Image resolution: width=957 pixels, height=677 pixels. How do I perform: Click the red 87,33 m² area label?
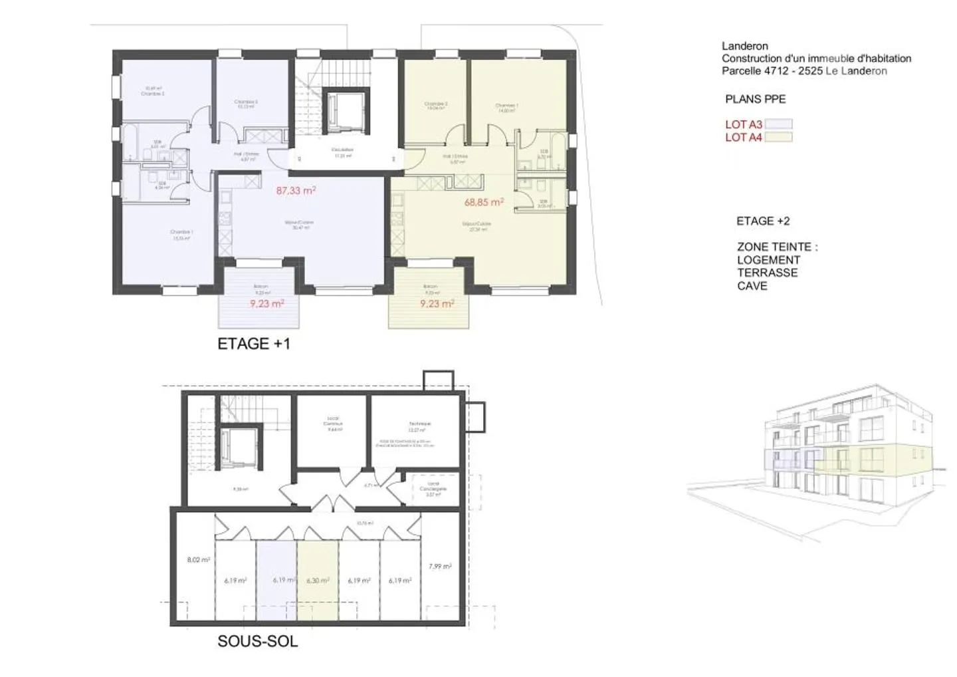click(296, 191)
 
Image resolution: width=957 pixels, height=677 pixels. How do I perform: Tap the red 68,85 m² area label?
click(483, 202)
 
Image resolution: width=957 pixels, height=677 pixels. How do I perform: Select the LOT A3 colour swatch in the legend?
click(778, 124)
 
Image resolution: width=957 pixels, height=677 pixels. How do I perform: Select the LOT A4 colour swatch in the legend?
click(778, 138)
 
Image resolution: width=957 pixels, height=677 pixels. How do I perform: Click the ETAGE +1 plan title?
click(254, 344)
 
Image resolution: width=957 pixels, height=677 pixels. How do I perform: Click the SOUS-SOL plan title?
click(257, 642)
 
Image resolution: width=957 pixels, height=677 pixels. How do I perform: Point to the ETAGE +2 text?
click(763, 221)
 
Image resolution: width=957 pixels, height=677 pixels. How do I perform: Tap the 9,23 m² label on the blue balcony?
click(267, 303)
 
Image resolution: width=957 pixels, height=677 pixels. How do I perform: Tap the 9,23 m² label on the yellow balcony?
click(437, 303)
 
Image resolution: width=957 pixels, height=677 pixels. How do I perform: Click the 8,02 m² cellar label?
click(198, 560)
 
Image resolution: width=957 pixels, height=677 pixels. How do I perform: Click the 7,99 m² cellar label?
click(440, 567)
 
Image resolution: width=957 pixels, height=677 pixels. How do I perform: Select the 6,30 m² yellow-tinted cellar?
click(318, 580)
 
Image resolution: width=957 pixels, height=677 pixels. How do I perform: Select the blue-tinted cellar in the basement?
click(276, 580)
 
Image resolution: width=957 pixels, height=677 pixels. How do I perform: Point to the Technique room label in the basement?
click(420, 424)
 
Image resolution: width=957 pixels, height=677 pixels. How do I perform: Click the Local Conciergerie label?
click(433, 489)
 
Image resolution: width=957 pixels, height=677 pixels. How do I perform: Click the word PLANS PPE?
click(755, 99)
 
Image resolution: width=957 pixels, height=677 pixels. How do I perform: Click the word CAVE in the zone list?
click(752, 286)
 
